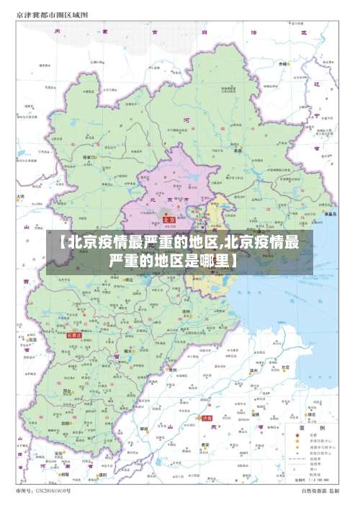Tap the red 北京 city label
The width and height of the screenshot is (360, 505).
pos(170,220)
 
